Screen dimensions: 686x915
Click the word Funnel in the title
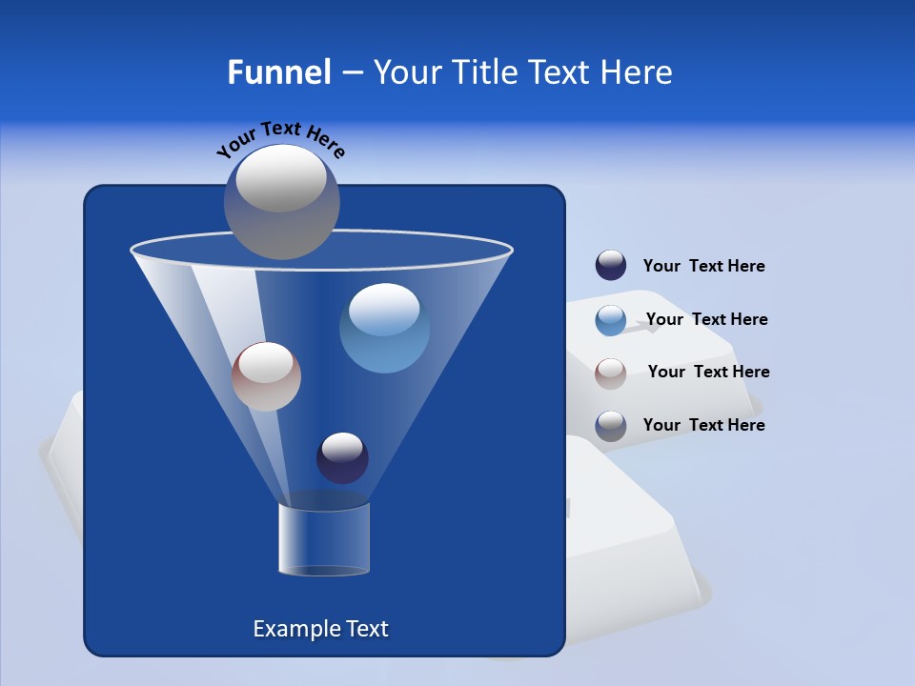point(279,72)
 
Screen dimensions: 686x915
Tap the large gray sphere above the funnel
point(282,201)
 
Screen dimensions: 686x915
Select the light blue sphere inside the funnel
point(385,328)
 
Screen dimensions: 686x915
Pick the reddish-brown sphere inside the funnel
point(267,376)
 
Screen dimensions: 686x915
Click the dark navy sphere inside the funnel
point(342,457)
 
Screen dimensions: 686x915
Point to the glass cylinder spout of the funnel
point(324,539)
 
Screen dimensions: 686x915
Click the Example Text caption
point(321,629)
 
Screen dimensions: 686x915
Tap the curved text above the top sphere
point(280,139)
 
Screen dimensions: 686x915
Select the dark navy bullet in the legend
point(611,266)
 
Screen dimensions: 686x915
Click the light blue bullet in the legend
point(611,320)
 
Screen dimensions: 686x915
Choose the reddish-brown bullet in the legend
point(611,373)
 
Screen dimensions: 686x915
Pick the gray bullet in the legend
point(611,426)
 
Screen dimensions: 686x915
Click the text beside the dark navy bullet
point(703,267)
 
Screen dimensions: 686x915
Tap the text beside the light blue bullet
point(706,319)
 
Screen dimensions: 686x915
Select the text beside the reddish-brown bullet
point(708,372)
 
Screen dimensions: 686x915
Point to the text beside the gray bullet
point(703,425)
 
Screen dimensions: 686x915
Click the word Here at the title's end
point(638,72)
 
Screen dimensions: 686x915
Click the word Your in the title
point(407,72)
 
